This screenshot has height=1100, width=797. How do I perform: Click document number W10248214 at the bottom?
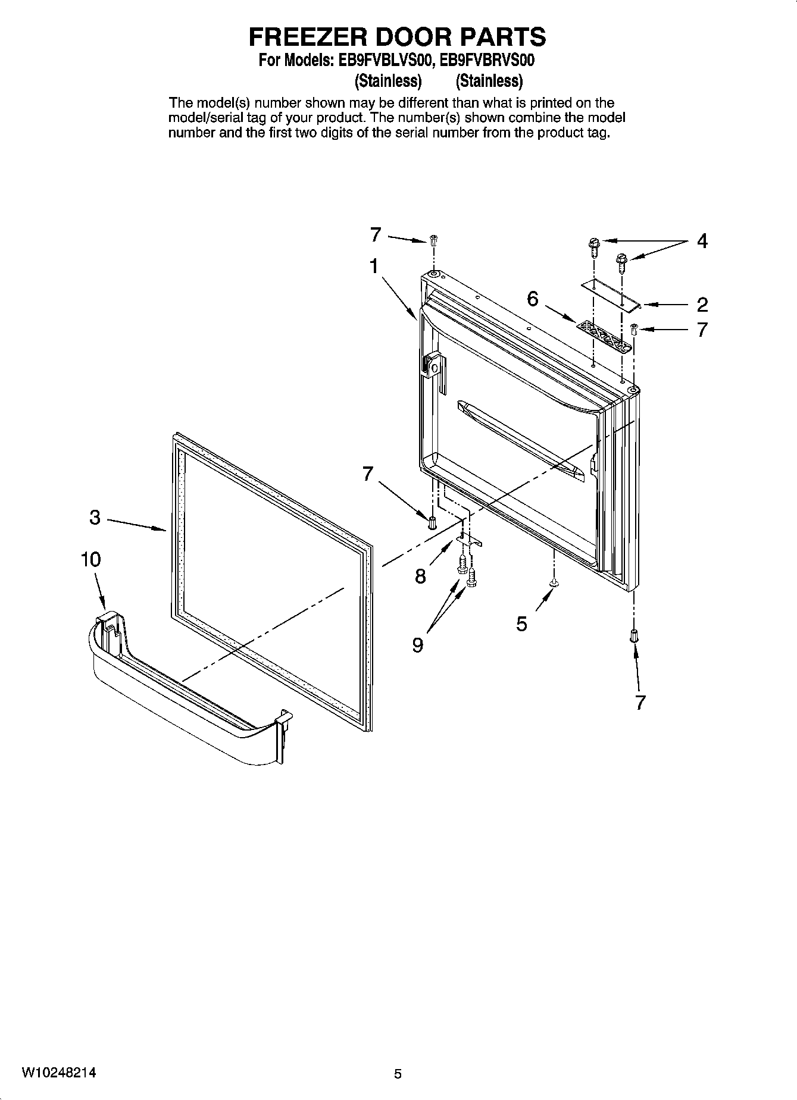click(x=59, y=1073)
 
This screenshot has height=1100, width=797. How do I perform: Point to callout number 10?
click(x=91, y=560)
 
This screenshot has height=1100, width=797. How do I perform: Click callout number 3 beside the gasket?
click(x=95, y=518)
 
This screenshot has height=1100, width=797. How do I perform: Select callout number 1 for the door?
click(x=373, y=267)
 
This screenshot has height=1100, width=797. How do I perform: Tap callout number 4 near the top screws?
click(x=702, y=242)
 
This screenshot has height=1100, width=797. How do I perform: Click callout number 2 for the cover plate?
click(x=702, y=305)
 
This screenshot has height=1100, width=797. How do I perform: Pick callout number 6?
click(x=532, y=299)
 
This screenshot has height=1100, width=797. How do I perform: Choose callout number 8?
click(x=420, y=576)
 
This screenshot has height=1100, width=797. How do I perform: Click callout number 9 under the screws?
click(x=418, y=645)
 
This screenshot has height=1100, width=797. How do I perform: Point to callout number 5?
click(x=521, y=624)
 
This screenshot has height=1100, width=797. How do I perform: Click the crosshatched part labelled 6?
click(x=603, y=336)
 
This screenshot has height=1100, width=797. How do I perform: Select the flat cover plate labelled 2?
click(x=610, y=294)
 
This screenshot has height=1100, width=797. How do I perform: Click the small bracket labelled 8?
click(x=469, y=539)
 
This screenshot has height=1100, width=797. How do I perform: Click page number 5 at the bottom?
click(x=398, y=1074)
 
